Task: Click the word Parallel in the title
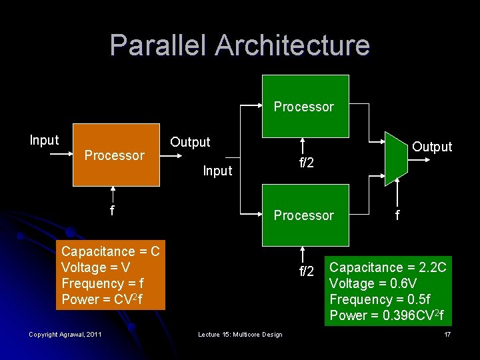click(157, 45)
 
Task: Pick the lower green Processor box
click(305, 215)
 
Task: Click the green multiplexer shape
click(396, 156)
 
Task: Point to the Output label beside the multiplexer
click(432, 147)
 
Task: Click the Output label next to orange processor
click(190, 142)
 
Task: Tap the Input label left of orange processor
click(44, 140)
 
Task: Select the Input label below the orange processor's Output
click(217, 171)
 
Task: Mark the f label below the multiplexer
click(398, 215)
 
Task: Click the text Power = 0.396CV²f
click(387, 315)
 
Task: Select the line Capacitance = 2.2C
click(388, 267)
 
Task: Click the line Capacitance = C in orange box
click(110, 251)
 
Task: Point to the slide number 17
click(447, 334)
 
